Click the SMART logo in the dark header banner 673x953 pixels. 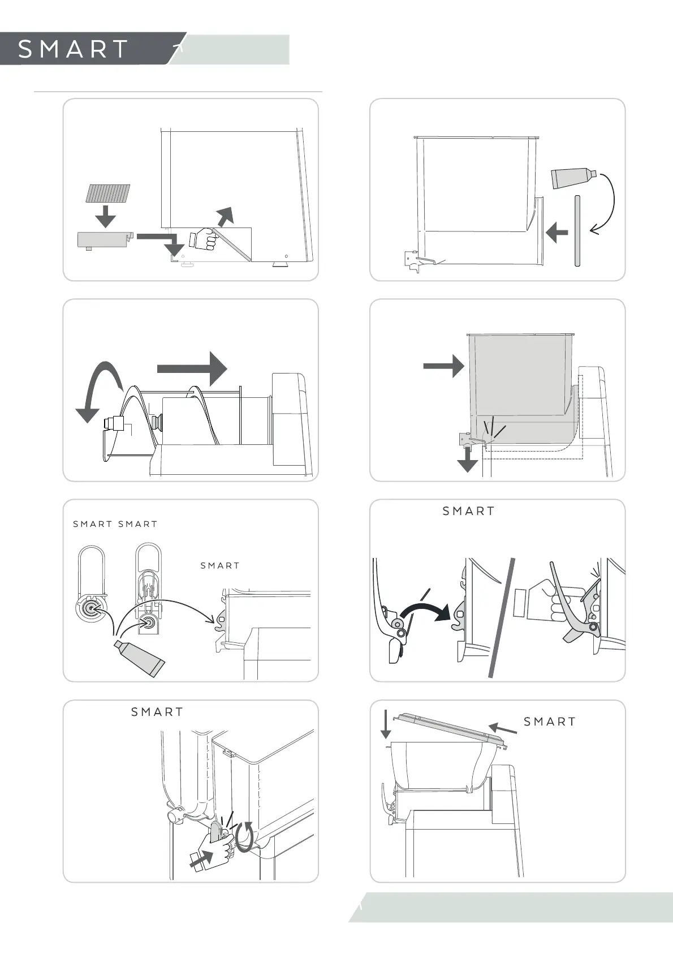(73, 49)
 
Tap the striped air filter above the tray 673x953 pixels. (107, 194)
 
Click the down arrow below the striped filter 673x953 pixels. (105, 216)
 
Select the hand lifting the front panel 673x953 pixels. (205, 239)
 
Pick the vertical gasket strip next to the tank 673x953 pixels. (577, 230)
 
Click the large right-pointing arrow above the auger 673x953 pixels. (192, 368)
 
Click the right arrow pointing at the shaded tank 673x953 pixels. (444, 366)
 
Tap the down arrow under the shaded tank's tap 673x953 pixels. (468, 460)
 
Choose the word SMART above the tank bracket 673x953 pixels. (220, 565)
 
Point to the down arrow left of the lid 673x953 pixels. (386, 724)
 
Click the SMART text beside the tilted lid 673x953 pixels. (550, 722)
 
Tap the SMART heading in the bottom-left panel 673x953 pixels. (157, 712)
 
